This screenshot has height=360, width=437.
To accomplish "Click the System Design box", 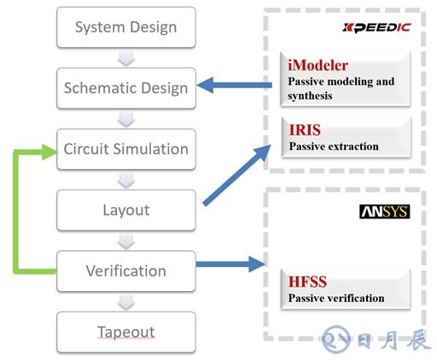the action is click(126, 27).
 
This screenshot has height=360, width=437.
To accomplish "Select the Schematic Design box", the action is click(126, 88).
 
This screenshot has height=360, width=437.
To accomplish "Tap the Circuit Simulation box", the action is click(126, 149).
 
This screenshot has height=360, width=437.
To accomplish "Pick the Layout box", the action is click(126, 210).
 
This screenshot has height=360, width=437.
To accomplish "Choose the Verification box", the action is click(126, 271).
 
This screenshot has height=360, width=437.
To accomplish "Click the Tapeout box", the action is click(126, 332).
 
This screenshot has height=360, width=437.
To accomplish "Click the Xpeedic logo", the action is click(376, 27).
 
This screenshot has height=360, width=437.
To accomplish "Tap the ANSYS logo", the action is click(384, 212).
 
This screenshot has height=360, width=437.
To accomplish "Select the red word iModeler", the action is click(318, 66).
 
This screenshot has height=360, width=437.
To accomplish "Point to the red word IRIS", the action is click(305, 130).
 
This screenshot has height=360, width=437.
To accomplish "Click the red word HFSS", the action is click(307, 282).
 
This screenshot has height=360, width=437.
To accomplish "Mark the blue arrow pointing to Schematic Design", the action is click(235, 85).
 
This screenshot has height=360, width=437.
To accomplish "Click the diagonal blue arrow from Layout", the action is click(236, 175).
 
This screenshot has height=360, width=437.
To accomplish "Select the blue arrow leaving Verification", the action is click(230, 264).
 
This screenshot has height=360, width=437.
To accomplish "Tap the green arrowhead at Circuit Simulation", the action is click(50, 152).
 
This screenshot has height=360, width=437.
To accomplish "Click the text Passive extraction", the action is click(334, 147).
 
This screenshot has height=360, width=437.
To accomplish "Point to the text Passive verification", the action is click(336, 298).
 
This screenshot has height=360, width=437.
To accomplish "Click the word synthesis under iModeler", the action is click(310, 96).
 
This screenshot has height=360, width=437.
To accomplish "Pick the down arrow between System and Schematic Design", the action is click(126, 58).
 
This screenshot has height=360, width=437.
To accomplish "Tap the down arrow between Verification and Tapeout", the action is click(126, 302).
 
